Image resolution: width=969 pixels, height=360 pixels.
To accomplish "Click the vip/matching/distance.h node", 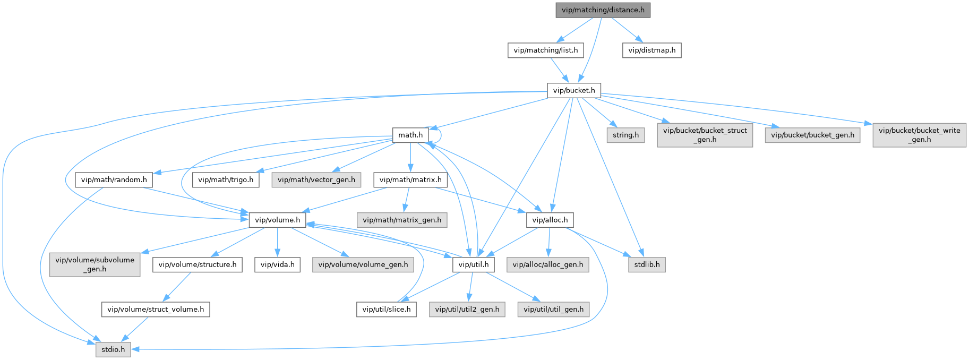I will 603,10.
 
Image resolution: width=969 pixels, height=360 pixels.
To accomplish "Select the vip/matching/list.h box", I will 545,50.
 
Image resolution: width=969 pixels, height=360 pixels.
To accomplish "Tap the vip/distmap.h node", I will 651,50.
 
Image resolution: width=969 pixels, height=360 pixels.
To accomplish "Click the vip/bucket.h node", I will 573,90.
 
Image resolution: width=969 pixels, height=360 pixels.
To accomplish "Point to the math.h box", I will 410,135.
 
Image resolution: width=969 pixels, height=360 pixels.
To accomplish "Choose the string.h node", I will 625,135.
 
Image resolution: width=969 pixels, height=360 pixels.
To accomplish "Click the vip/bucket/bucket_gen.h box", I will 812,135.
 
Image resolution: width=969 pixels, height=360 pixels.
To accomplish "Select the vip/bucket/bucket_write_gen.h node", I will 919,135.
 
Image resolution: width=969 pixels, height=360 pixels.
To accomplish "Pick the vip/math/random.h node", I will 114,179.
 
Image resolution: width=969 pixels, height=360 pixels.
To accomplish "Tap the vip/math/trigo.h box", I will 226,179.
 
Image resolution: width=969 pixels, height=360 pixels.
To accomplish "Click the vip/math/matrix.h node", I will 410,179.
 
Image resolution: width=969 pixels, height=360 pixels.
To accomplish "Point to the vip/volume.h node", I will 277,220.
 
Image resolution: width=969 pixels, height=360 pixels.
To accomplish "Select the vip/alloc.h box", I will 550,220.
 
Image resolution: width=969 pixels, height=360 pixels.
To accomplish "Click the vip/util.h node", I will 474,264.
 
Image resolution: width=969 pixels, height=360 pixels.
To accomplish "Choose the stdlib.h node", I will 647,264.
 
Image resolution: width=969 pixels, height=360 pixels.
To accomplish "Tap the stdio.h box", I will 113,349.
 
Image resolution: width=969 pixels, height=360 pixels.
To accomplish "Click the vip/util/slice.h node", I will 386,309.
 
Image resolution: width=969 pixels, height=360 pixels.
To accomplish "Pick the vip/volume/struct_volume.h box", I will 156,309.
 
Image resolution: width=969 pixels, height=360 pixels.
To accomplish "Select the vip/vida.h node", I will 277,264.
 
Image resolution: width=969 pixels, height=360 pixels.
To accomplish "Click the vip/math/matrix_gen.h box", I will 401,220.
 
